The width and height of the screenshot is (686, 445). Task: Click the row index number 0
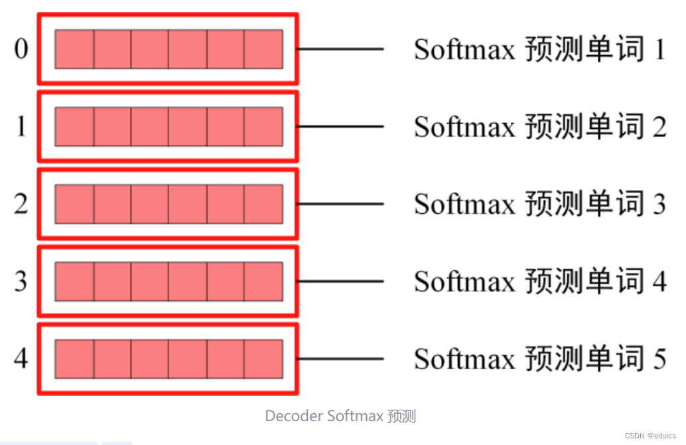click(x=21, y=49)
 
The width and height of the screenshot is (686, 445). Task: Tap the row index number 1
click(x=21, y=126)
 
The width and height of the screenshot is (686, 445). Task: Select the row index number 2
click(x=21, y=204)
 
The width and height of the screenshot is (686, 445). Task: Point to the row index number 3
click(x=21, y=282)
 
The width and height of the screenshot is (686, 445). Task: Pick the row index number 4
click(x=21, y=359)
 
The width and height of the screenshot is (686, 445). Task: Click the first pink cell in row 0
click(x=74, y=49)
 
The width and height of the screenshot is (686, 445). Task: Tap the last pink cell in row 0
click(x=263, y=49)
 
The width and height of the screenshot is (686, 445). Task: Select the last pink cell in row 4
click(x=263, y=359)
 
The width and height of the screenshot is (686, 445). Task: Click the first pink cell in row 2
click(x=74, y=204)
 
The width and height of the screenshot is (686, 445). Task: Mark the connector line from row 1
click(x=340, y=126)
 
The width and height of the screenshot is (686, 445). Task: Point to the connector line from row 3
click(x=340, y=282)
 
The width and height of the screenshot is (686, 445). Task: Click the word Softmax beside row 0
click(x=464, y=49)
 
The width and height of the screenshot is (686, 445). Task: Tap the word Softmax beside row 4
click(x=464, y=359)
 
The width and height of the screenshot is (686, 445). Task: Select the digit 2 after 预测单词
click(x=659, y=126)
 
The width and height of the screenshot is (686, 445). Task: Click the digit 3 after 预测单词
click(x=659, y=204)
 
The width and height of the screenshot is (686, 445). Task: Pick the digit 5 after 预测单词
click(x=659, y=359)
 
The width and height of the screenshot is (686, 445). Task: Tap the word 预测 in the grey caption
click(x=402, y=416)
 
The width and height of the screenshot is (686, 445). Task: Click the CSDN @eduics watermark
click(x=650, y=436)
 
